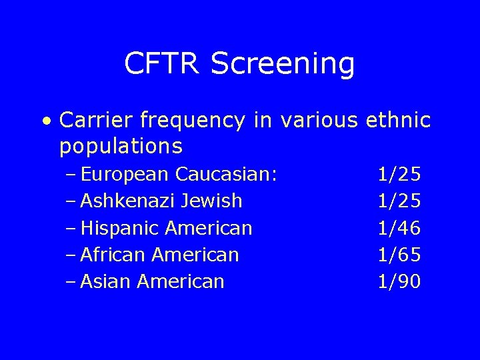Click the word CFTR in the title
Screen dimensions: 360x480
163,64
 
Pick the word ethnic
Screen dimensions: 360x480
399,121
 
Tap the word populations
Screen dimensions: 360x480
121,145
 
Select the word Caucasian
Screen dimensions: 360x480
226,175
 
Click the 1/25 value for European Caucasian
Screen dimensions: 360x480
399,175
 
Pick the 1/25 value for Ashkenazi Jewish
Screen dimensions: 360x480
399,201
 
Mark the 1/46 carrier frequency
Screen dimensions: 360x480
399,229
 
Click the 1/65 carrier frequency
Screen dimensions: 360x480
399,255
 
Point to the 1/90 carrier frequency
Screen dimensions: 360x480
399,281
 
